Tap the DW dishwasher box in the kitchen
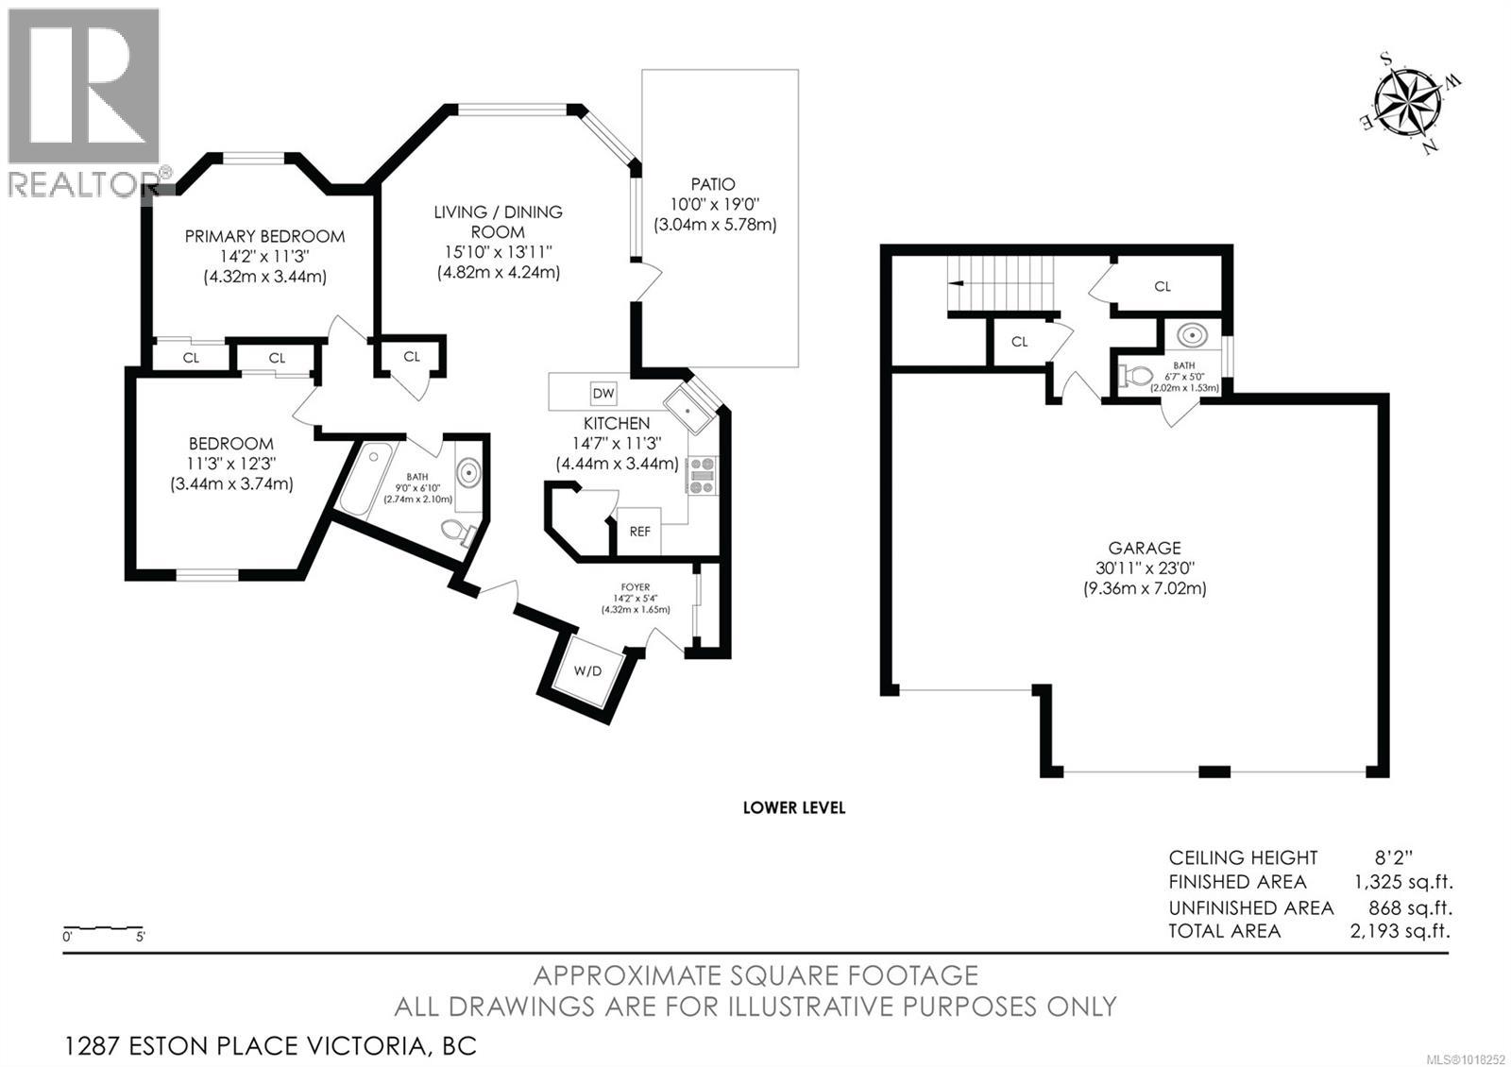603,393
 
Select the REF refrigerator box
639,532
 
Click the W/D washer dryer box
587,671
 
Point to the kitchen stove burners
703,475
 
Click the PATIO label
712,185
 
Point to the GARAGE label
1145,548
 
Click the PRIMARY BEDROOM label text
264,236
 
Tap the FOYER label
635,587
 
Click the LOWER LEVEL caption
793,807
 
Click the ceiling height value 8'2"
1394,857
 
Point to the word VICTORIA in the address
365,1046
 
